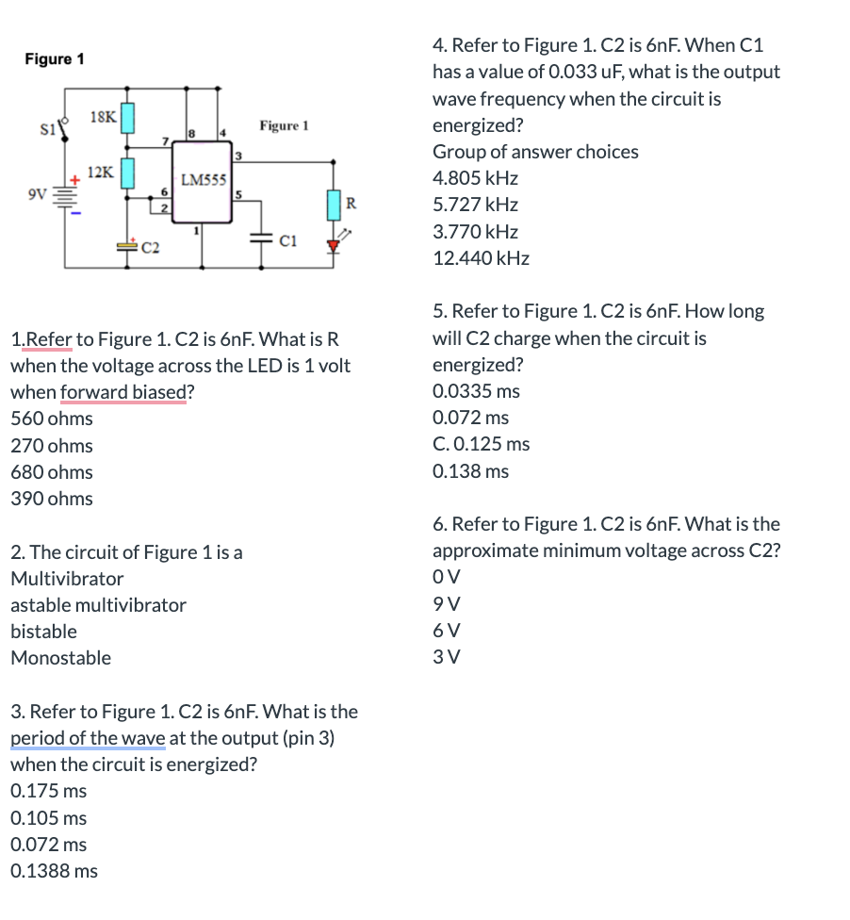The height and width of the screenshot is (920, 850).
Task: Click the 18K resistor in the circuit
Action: (128, 118)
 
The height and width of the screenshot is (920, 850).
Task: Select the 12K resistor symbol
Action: (128, 172)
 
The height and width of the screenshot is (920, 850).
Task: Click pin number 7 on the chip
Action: (166, 141)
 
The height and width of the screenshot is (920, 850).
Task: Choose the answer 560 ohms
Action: (52, 419)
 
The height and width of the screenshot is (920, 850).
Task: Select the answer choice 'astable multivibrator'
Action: (98, 605)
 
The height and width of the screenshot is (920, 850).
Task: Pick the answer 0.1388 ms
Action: (54, 871)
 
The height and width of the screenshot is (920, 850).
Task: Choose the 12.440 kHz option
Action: (481, 258)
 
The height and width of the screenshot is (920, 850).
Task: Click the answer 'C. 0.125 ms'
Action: (481, 444)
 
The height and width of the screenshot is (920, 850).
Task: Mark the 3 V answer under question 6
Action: (447, 657)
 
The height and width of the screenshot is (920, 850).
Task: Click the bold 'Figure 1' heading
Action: (55, 59)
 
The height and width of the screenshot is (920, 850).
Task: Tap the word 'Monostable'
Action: (60, 658)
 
